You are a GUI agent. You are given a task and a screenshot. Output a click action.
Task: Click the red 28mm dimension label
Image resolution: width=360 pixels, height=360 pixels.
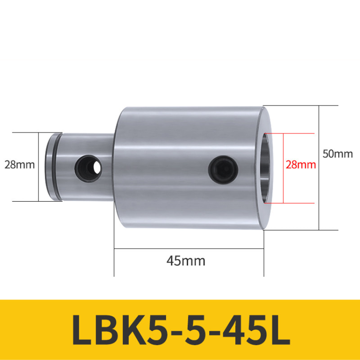300,165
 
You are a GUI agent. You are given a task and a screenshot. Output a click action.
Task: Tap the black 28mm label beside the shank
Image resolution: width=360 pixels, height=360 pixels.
20,165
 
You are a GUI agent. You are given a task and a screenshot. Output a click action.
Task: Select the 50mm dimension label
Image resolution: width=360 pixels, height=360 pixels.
337,154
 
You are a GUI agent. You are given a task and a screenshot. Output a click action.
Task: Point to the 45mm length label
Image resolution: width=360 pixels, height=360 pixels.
186,261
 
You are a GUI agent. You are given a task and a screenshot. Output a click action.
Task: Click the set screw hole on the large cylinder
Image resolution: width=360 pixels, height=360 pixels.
223,170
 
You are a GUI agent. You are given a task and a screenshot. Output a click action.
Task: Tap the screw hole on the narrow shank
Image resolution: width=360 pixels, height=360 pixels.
88,168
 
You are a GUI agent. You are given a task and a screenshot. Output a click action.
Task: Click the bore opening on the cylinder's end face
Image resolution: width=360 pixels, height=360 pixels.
265,168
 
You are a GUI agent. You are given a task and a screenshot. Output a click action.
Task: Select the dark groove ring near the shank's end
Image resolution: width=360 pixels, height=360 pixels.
56,167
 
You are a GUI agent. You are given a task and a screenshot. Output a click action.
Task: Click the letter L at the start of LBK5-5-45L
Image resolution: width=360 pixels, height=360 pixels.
82,330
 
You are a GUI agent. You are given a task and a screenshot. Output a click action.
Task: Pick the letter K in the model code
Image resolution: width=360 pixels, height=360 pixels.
131,330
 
